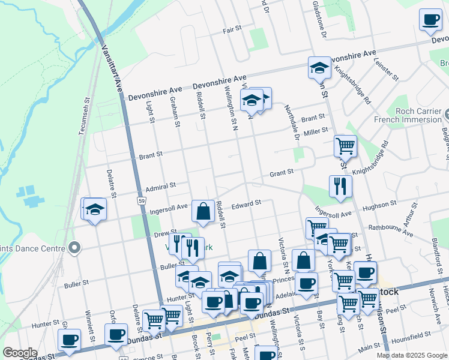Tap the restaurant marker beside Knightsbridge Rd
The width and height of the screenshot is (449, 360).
pyautogui.click(x=337, y=185)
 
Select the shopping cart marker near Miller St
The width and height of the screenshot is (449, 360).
pyautogui.click(x=345, y=145)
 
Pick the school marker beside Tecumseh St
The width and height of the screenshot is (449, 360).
pyautogui.click(x=94, y=209)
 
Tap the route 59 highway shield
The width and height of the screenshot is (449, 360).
pyautogui.click(x=140, y=200)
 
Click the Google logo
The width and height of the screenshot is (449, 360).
pyautogui.click(x=20, y=353)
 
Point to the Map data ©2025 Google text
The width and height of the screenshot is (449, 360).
pyautogui.click(x=412, y=355)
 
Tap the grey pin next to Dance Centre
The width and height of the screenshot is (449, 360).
pyautogui.click(x=74, y=247)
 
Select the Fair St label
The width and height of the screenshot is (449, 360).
pyautogui.click(x=232, y=29)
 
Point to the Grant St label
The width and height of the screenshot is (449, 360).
pyautogui.click(x=281, y=172)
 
